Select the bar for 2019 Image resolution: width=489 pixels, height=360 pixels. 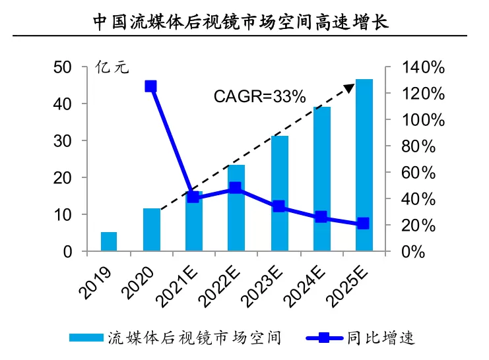[109, 241]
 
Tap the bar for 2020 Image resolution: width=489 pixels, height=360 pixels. [151, 229]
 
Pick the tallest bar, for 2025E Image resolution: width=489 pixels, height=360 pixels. [364, 165]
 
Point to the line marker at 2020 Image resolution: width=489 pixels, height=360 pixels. [151, 86]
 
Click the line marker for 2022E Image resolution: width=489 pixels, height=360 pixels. [236, 188]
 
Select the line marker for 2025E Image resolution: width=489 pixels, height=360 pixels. [364, 224]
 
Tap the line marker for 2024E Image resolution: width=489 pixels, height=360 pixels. [321, 217]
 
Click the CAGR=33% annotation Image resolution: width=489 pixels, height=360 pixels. [259, 96]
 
